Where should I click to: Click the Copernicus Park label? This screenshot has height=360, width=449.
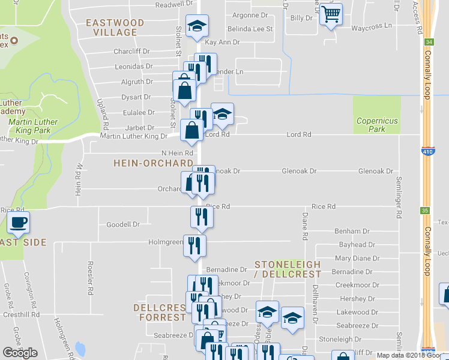(x=377, y=125)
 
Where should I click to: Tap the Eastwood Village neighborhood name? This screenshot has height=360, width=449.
(x=115, y=28)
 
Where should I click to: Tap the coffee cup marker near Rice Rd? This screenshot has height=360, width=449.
(x=17, y=224)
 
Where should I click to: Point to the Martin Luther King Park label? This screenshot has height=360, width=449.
(x=33, y=126)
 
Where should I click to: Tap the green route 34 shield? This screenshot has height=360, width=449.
(x=428, y=43)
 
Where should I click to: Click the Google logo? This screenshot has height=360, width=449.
(x=20, y=353)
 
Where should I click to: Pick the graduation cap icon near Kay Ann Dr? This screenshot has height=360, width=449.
(x=196, y=26)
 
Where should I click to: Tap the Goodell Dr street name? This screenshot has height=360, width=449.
(x=122, y=224)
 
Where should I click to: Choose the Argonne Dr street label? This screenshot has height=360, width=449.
(x=249, y=15)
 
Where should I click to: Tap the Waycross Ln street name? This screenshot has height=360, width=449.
(x=371, y=27)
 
